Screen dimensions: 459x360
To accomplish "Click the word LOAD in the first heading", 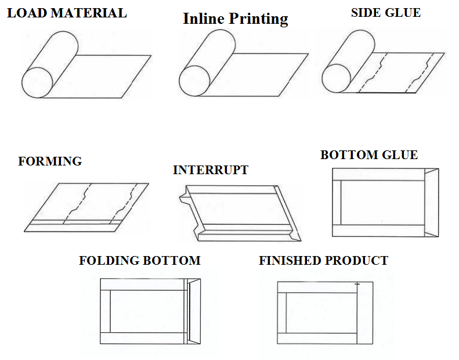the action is [x=27, y=13].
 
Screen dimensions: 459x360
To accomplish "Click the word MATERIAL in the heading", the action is [x=89, y=13].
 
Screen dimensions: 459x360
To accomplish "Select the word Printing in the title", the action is [x=258, y=19].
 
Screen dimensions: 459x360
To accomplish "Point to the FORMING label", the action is [x=50, y=161].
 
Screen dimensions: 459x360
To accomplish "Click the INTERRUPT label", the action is [x=211, y=170].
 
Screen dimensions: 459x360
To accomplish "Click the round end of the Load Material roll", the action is [x=37, y=82].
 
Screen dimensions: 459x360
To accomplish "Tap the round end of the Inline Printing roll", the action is [x=194, y=81].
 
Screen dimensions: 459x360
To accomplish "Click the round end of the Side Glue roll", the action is [x=337, y=78].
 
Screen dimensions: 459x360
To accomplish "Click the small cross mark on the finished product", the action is [x=357, y=284].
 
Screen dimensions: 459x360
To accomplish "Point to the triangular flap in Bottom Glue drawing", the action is [x=432, y=203].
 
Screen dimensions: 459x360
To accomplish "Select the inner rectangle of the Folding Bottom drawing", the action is [x=147, y=311].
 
